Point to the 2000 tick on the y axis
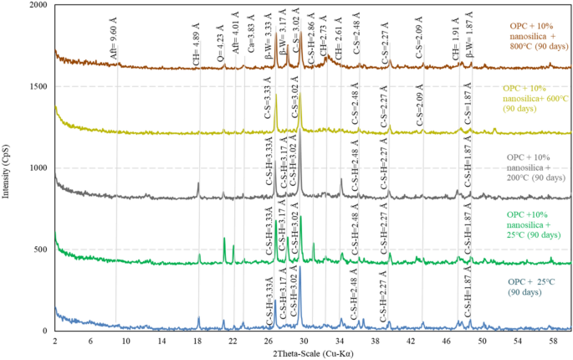click(x=38, y=6)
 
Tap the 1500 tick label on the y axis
click(x=38, y=87)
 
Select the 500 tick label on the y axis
click(x=40, y=250)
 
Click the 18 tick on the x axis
click(x=197, y=341)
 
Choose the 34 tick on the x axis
click(x=340, y=341)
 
